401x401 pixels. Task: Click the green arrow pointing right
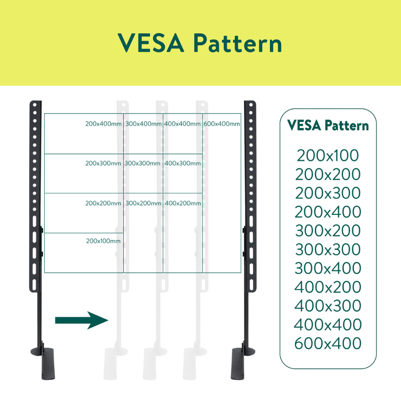click(81, 320)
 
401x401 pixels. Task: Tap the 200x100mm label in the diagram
click(103, 241)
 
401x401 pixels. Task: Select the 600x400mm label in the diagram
click(222, 124)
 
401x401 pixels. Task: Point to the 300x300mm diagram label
click(142, 163)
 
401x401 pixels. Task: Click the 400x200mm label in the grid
click(183, 203)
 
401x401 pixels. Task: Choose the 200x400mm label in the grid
click(103, 124)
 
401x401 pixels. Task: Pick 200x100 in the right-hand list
click(328, 155)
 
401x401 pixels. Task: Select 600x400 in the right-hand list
click(328, 343)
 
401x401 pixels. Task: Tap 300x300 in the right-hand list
click(328, 249)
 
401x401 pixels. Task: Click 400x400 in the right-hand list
click(328, 324)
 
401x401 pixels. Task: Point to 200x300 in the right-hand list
click(328, 193)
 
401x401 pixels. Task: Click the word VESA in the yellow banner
click(151, 43)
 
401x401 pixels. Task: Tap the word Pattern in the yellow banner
click(238, 43)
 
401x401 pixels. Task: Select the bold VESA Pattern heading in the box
click(328, 125)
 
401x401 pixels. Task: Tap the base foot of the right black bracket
click(242, 363)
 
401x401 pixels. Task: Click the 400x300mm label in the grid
click(183, 163)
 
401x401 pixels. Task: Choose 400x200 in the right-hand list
click(328, 287)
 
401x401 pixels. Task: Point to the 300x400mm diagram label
click(144, 124)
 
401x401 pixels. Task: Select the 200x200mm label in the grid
click(103, 203)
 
